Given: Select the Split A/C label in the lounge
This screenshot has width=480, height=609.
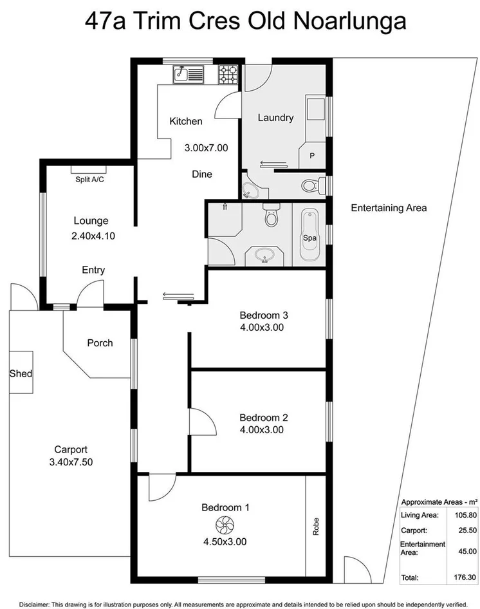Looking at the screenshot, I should (x=89, y=180).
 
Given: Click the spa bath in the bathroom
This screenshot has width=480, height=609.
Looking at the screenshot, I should (x=309, y=238).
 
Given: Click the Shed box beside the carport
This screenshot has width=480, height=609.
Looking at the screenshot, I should (x=21, y=373).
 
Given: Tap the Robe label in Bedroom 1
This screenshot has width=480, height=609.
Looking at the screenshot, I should (x=316, y=529).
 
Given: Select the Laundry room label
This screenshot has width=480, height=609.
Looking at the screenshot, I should (x=275, y=118).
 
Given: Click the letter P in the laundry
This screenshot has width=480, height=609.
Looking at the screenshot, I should (x=313, y=155).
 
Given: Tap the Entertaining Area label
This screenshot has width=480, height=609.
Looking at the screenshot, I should (x=389, y=208).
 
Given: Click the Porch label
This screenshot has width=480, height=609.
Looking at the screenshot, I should (x=100, y=343).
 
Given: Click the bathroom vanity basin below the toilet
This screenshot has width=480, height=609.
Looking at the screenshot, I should (x=264, y=256).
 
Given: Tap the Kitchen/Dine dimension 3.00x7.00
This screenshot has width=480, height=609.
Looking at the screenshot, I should (x=206, y=147).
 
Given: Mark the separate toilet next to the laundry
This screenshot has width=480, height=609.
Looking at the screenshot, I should (x=311, y=186).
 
